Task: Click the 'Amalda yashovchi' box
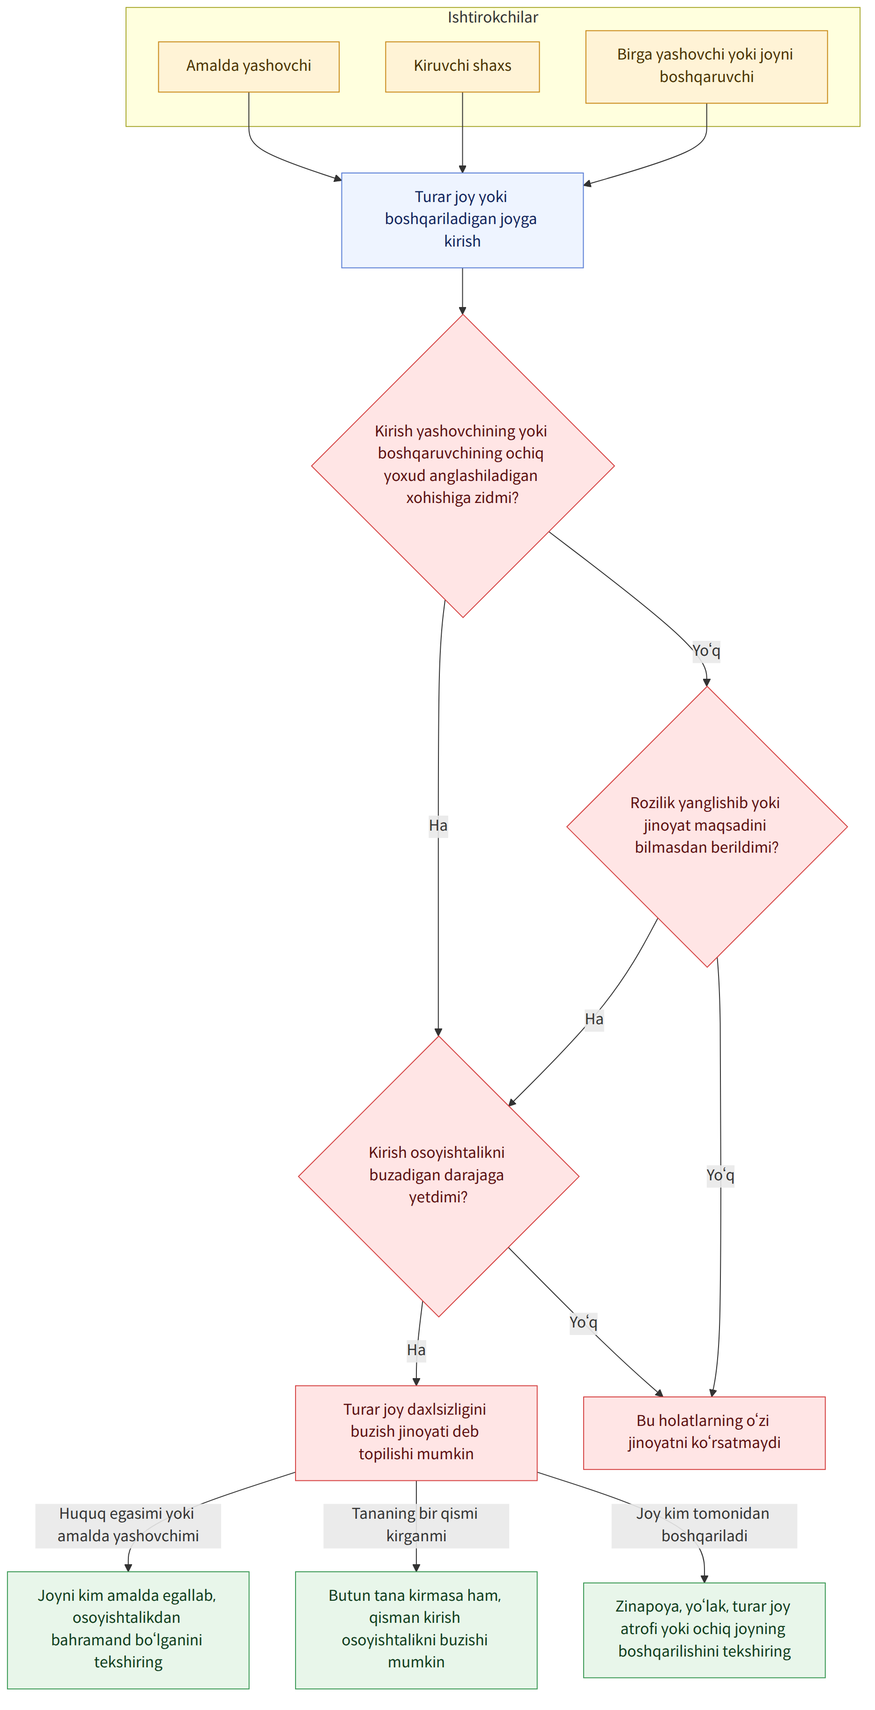point(249,67)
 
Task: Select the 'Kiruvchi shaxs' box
point(462,67)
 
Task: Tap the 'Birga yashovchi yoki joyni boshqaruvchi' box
point(706,67)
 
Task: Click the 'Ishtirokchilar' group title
point(493,17)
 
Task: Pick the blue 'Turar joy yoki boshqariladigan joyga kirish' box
point(462,220)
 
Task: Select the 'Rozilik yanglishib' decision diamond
point(707,826)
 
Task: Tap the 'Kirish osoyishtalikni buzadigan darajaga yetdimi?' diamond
point(438,1176)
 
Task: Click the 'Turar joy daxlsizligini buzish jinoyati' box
point(416,1433)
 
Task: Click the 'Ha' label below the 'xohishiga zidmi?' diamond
point(438,826)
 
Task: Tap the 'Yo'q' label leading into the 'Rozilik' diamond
point(706,651)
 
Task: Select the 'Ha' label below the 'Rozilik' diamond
point(594,1019)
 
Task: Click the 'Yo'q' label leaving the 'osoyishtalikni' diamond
point(583,1322)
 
